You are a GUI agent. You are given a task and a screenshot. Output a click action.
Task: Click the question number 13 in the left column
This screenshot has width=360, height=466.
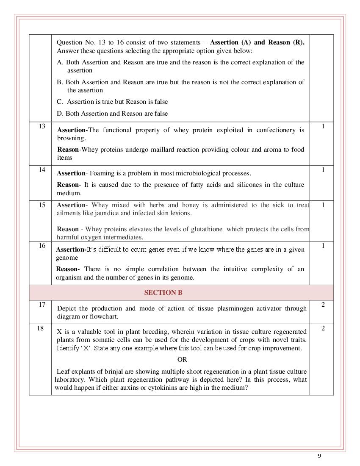(42, 126)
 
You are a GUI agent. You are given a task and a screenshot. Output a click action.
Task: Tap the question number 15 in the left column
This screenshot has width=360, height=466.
(42, 205)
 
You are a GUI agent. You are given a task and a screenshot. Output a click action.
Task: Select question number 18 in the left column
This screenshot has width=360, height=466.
(40, 328)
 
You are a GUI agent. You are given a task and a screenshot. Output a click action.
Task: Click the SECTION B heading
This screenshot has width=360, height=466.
(163, 292)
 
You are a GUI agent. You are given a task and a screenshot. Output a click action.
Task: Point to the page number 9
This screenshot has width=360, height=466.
(319, 456)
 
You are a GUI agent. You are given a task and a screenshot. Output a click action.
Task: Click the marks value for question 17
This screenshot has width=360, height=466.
(323, 305)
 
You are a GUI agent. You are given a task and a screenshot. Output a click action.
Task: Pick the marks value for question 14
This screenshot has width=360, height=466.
(323, 170)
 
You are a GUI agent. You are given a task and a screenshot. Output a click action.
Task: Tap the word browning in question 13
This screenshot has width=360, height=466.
(71, 138)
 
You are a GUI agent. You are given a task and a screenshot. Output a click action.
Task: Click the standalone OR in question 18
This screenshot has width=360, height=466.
(182, 360)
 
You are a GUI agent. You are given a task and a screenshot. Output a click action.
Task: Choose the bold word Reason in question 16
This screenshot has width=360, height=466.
(67, 269)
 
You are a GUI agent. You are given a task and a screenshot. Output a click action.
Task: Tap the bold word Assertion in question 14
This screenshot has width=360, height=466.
(71, 173)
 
